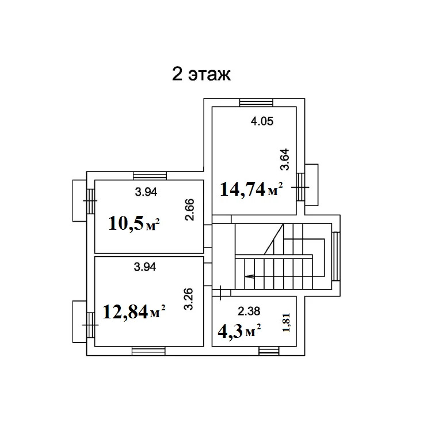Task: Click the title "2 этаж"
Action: (x=201, y=75)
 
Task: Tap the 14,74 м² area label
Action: (x=251, y=188)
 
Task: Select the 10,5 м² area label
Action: (x=134, y=223)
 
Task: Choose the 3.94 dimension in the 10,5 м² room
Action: (x=146, y=192)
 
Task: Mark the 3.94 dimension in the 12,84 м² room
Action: (x=146, y=267)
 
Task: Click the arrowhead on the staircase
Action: (x=247, y=276)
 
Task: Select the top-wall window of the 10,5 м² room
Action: (x=149, y=176)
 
